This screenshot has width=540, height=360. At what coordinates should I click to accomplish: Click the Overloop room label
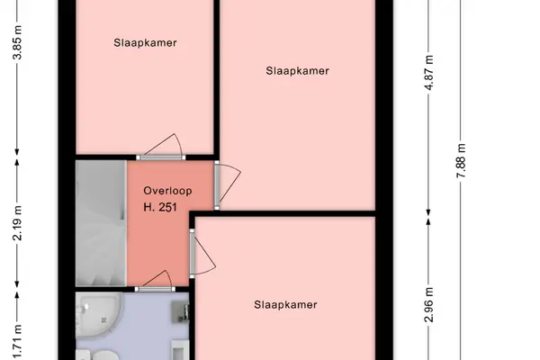point(167,191)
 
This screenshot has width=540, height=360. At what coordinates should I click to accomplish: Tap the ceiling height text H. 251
point(160,207)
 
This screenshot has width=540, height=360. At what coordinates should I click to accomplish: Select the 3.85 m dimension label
point(17,42)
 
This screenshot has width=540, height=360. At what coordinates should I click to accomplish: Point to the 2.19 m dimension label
point(17,223)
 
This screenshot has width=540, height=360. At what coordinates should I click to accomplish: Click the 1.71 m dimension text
point(17,342)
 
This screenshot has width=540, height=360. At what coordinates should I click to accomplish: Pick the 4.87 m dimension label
point(428,72)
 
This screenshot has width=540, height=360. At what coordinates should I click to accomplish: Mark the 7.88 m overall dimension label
point(461,160)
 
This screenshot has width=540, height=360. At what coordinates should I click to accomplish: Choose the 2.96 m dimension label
point(428,304)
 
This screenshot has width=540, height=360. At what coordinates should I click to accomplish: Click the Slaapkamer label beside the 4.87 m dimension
point(297,71)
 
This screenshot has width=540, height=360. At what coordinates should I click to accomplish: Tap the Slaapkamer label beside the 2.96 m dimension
point(285,304)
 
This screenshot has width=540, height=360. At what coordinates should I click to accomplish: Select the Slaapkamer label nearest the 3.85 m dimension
point(145,42)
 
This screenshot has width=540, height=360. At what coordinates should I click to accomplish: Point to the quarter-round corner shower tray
point(98,314)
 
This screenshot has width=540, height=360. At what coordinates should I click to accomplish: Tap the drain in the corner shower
point(104,320)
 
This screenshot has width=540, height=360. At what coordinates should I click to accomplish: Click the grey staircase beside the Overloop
point(101,223)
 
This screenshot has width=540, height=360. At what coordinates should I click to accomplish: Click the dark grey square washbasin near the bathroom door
point(180,310)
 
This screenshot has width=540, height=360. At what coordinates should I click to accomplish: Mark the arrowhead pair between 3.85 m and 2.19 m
point(17,157)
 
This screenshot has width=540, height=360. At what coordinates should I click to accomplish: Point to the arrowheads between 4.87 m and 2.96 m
point(428,217)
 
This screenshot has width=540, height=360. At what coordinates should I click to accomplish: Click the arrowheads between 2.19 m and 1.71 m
point(17,290)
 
